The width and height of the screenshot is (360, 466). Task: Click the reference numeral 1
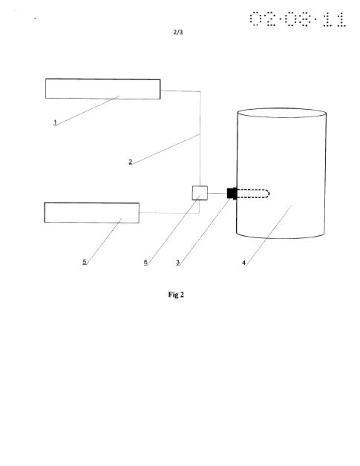pos(55,122)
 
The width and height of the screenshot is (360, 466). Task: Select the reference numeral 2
pos(130,162)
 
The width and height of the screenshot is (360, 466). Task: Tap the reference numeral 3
pos(177,263)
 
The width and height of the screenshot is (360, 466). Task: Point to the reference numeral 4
pos(243,263)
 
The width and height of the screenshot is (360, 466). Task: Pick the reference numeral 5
pos(85,262)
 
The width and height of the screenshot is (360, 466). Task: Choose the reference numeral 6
pos(145,262)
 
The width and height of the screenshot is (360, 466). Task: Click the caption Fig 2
pos(176,295)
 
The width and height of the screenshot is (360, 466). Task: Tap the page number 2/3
pos(178,32)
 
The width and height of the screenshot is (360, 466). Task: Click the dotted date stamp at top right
pos(298,19)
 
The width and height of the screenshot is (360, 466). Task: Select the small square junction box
pos(200,193)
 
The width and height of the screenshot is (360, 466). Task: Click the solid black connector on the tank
pos(232,193)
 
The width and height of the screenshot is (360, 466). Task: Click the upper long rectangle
pos(103,89)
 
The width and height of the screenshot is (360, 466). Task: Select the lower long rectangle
pos(92,212)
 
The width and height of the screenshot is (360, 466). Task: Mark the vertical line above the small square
pos(200,139)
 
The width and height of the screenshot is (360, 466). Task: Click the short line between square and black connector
pos(217,193)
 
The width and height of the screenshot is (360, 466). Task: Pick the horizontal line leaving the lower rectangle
pos(168,213)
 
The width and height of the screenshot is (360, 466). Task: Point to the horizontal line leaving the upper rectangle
pos(180,91)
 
